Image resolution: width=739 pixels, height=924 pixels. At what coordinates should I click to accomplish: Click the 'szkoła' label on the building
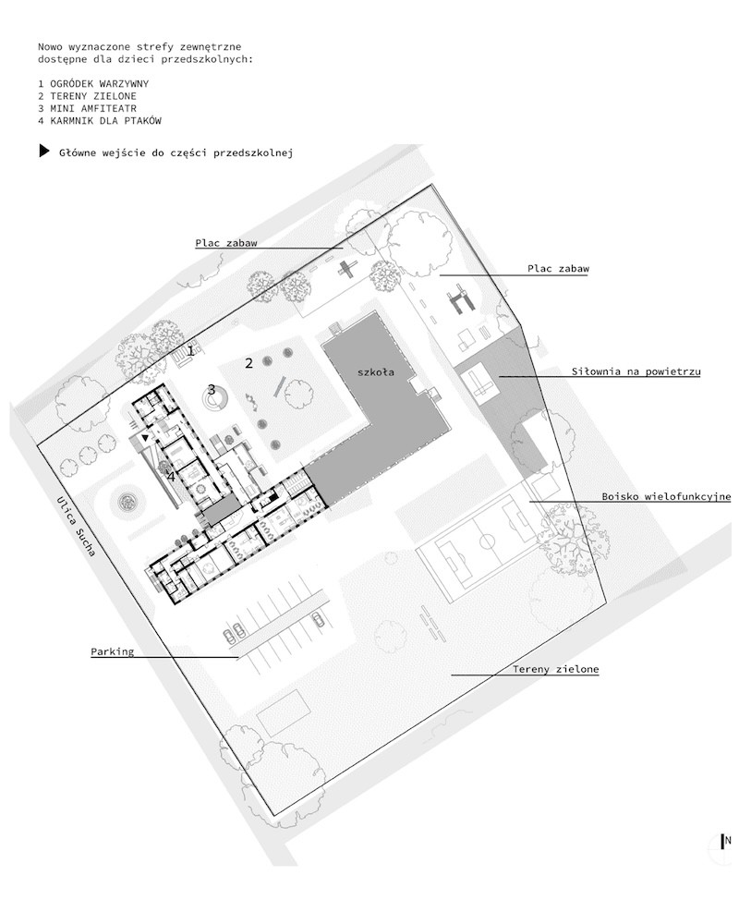pyautogui.click(x=375, y=371)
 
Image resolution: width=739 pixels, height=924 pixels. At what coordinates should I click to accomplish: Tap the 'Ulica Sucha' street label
pyautogui.click(x=77, y=527)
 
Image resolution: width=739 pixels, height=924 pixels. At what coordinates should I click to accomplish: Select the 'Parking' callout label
pyautogui.click(x=112, y=651)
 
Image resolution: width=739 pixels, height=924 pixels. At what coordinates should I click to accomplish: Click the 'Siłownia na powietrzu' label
pyautogui.click(x=636, y=371)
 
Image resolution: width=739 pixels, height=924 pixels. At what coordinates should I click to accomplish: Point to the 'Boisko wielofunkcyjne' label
pyautogui.click(x=666, y=496)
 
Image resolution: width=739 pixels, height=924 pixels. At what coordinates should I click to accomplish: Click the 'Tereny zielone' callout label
pyautogui.click(x=555, y=669)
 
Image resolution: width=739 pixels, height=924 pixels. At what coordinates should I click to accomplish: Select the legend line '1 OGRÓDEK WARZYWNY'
pyautogui.click(x=93, y=84)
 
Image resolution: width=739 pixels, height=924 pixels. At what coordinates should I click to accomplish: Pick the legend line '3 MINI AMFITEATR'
pyautogui.click(x=87, y=108)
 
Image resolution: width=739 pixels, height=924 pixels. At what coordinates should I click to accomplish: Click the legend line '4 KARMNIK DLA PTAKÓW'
pyautogui.click(x=100, y=121)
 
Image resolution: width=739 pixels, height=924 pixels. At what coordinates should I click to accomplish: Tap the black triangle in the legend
pyautogui.click(x=43, y=151)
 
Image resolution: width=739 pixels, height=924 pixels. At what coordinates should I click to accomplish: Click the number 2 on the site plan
pyautogui.click(x=248, y=363)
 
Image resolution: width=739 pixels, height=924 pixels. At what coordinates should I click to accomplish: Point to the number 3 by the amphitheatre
pyautogui.click(x=211, y=390)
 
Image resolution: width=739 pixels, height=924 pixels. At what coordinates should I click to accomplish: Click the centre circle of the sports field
pyautogui.click(x=487, y=541)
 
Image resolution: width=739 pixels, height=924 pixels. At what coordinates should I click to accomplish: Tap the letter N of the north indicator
pyautogui.click(x=728, y=840)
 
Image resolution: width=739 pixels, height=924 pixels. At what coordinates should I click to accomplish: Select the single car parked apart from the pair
pyautogui.click(x=318, y=619)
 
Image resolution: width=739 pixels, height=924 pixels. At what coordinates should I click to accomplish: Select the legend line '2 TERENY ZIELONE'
pyautogui.click(x=87, y=96)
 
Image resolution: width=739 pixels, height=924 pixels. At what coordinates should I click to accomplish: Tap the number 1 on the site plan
pyautogui.click(x=190, y=350)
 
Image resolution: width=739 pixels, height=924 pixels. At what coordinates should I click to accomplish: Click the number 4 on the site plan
pyautogui.click(x=171, y=476)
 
